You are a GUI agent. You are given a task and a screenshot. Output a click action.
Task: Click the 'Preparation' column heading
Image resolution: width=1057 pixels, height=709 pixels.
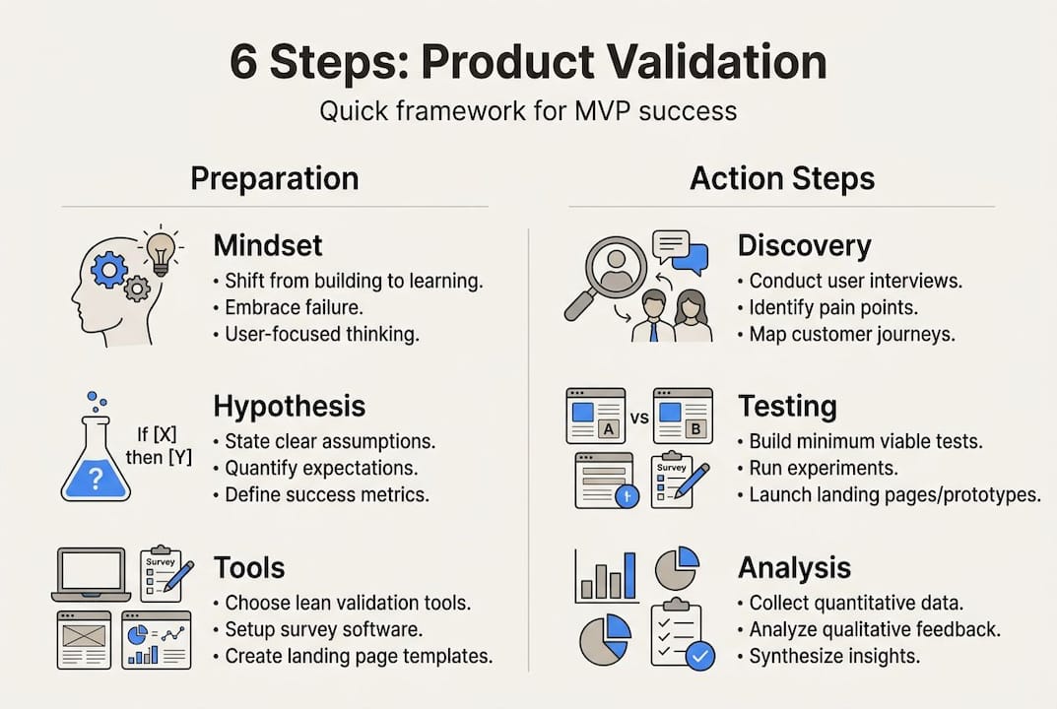tap(274, 178)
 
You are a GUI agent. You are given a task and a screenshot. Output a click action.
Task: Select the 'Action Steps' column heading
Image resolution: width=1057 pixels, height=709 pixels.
tap(781, 178)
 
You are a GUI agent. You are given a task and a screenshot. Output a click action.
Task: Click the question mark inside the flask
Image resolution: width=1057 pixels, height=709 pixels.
tap(95, 480)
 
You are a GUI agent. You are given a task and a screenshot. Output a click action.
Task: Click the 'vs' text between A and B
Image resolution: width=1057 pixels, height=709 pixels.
tap(638, 418)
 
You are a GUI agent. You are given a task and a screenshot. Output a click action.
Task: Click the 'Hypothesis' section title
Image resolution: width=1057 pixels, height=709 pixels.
tap(289, 406)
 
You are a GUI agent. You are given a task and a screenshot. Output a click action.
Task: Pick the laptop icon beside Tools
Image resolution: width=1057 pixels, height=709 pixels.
tap(91, 574)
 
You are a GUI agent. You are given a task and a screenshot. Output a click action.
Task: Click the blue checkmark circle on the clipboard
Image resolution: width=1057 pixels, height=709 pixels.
tap(699, 655)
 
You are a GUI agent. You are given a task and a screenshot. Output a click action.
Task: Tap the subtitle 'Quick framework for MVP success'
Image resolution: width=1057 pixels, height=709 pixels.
tap(528, 109)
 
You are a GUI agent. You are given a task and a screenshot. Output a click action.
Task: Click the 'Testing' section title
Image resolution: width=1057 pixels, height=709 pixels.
tap(787, 406)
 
